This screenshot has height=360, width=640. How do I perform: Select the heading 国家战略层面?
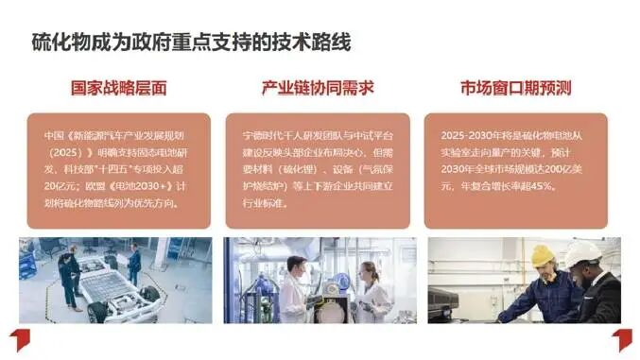point(119,89)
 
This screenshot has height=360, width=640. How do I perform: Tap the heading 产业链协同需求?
point(318,89)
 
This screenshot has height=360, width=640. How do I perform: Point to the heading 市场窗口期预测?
point(515,89)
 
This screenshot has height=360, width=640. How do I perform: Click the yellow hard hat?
point(542,256)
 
